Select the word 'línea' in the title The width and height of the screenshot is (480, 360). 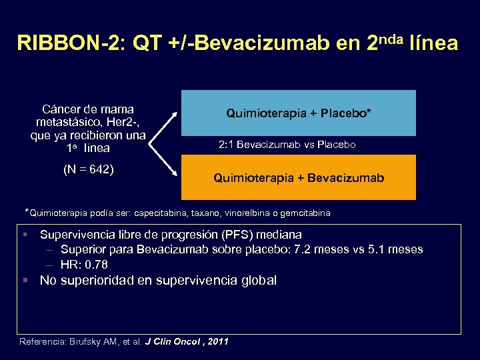click(437, 44)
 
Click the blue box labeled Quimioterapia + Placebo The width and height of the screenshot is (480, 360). click(299, 113)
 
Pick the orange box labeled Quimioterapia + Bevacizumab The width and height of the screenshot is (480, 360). click(299, 178)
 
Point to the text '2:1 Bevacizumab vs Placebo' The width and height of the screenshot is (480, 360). click(287, 145)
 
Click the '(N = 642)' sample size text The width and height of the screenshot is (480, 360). click(89, 169)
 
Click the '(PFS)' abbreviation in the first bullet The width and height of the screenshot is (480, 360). click(221, 235)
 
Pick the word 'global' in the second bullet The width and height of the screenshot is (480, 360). click(257, 281)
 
